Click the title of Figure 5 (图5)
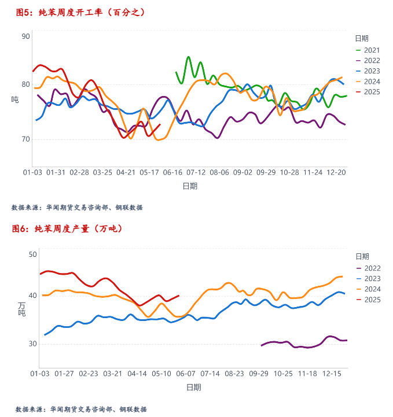tap(80, 12)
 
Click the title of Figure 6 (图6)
tap(67, 229)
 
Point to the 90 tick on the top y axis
tap(25, 36)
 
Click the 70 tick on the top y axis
tap(25, 139)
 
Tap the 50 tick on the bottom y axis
tap(32, 255)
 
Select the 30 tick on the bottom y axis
tap(32, 344)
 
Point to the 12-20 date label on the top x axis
tap(336, 172)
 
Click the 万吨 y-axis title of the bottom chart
tap(21, 309)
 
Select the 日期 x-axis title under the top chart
tap(189, 186)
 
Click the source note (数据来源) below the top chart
tap(77, 208)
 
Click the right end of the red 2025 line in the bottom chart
tap(178, 296)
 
